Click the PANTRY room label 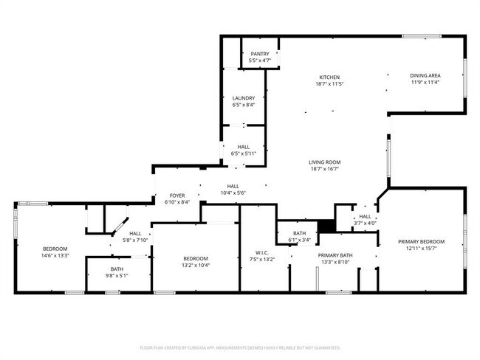260,54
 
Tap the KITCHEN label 329,77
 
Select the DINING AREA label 425,75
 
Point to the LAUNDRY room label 244,98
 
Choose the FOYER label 177,195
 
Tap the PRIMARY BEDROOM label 422,242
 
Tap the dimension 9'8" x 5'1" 117,276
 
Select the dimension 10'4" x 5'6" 233,193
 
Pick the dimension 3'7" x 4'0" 365,223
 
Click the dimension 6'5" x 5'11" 243,153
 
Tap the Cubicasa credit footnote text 240,347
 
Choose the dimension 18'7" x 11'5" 329,84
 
